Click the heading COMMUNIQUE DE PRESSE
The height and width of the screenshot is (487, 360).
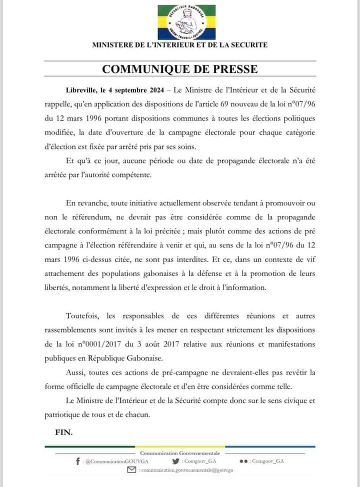click(180, 69)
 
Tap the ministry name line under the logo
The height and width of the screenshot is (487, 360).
click(180, 45)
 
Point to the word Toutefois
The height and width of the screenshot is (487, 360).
click(84, 316)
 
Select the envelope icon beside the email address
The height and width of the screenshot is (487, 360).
click(131, 470)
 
